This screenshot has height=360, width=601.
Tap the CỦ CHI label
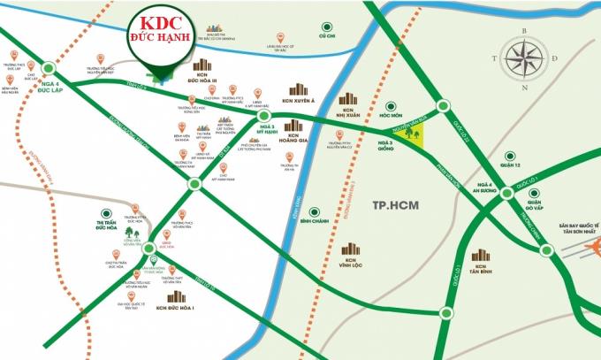(329, 36)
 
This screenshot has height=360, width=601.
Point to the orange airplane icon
(567, 257)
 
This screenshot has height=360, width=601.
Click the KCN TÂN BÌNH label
(481, 269)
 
